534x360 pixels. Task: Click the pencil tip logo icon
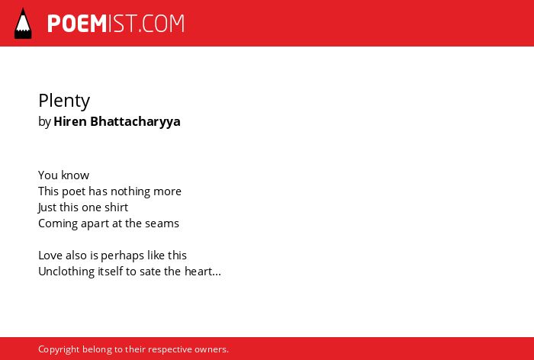click(x=23, y=24)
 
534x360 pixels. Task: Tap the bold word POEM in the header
click(x=77, y=24)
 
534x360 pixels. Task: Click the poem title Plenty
click(x=64, y=101)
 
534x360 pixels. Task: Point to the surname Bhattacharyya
click(x=135, y=122)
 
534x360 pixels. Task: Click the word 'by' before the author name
click(x=44, y=122)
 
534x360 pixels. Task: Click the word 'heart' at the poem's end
click(x=198, y=272)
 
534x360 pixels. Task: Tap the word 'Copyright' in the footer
click(x=59, y=349)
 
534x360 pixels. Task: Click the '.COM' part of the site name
click(x=161, y=24)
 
